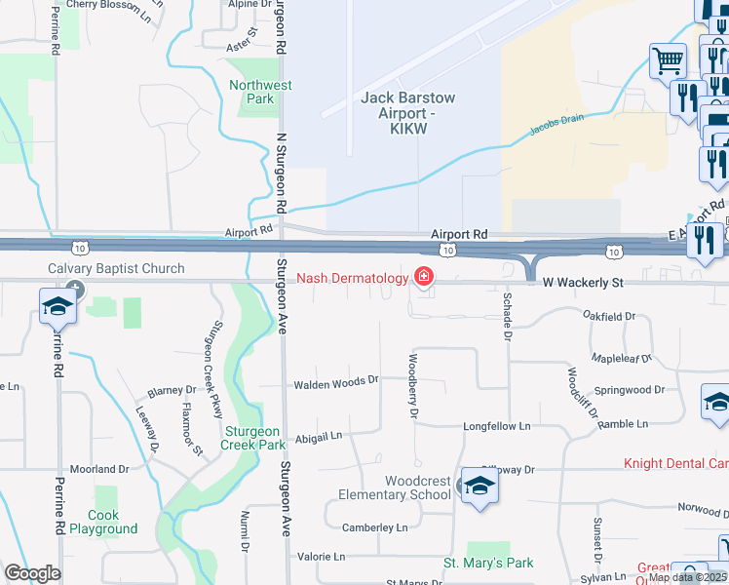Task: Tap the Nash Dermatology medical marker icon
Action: (424, 278)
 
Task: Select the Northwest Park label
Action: (260, 92)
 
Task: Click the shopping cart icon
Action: (669, 62)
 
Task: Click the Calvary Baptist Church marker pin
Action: (77, 290)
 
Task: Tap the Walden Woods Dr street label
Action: (335, 381)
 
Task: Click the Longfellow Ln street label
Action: (496, 426)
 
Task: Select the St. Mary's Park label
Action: (488, 563)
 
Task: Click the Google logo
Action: (32, 572)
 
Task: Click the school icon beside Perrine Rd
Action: (58, 306)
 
